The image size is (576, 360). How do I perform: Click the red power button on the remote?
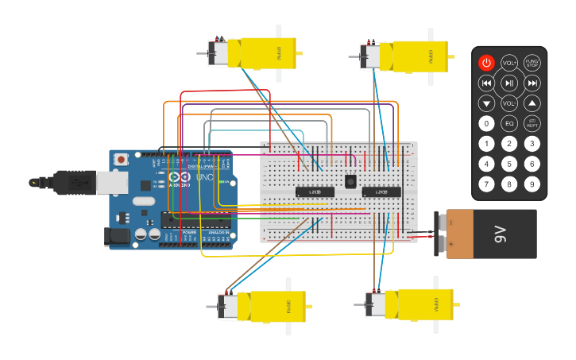pos(486,63)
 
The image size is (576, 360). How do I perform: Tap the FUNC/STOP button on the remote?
pos(532,63)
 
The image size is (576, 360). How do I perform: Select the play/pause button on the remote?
pos(509,83)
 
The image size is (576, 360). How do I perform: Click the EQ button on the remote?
pos(509,123)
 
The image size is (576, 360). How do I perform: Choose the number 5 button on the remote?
pos(509,164)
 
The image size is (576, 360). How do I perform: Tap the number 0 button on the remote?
pos(486,123)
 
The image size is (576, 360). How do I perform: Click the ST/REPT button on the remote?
pos(532,123)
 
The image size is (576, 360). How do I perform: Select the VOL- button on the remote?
pos(509,103)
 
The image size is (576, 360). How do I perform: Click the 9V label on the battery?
pos(500,234)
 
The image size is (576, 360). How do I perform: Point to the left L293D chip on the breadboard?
pos(314,192)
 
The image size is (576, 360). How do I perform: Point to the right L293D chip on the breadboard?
pos(381,192)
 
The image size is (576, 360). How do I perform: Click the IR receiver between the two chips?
pos(350,181)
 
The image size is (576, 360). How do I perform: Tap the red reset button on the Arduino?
pos(121,159)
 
